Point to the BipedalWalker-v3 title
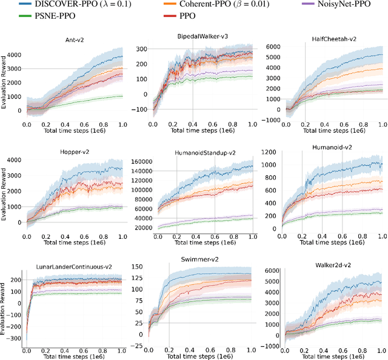[202, 37]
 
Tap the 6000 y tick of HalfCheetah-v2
[273, 47]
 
